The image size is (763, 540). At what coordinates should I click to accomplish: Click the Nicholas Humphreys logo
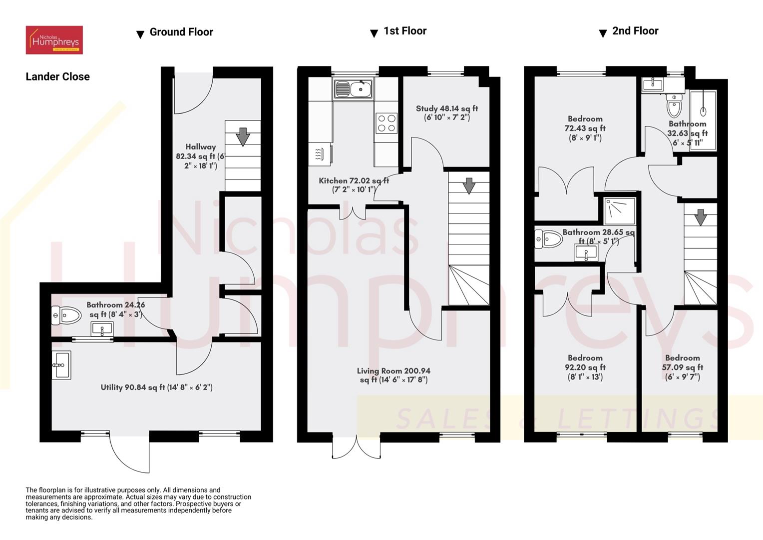tap(54, 40)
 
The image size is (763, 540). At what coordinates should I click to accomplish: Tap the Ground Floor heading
tap(181, 32)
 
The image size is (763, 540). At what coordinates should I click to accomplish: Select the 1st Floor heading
tap(404, 31)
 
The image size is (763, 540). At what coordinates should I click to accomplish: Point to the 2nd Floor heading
tap(635, 31)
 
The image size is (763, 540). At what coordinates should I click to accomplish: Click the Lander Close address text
tap(57, 76)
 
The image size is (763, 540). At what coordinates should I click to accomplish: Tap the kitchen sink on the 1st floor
tap(354, 89)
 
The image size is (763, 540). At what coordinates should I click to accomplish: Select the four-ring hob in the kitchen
tap(386, 123)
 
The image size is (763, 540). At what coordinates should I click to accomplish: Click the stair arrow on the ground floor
tap(243, 136)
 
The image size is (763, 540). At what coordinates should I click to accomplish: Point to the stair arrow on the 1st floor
tap(468, 185)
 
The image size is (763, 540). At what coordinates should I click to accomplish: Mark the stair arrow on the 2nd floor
tap(700, 217)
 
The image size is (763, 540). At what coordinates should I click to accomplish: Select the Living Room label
tap(393, 375)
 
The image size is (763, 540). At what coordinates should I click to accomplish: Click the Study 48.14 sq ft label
tap(446, 112)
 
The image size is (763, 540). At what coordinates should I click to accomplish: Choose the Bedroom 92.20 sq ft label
tap(585, 367)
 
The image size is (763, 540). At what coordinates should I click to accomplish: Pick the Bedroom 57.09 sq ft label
tap(682, 367)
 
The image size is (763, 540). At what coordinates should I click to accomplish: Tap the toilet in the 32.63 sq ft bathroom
tap(674, 105)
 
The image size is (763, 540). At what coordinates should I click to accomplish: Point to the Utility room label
tap(156, 387)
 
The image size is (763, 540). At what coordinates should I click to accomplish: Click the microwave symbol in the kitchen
tap(320, 154)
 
